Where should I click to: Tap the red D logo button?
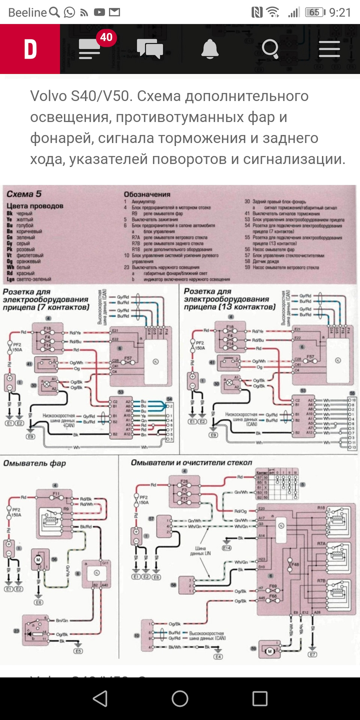click(x=30, y=49)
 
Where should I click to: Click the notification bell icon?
click(x=210, y=49)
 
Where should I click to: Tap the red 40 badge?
click(x=106, y=37)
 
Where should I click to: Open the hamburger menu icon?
click(x=329, y=49)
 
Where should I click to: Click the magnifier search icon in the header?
click(x=270, y=49)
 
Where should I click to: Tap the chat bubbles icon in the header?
click(x=150, y=49)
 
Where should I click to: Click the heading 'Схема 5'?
click(x=24, y=194)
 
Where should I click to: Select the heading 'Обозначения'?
click(x=147, y=194)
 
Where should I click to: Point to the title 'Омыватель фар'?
click(x=34, y=463)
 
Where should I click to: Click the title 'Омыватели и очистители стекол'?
click(x=191, y=463)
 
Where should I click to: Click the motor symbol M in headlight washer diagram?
click(x=38, y=560)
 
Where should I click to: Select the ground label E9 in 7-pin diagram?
click(x=31, y=436)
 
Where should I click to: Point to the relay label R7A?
click(x=321, y=543)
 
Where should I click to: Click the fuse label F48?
click(x=295, y=564)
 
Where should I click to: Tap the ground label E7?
click(x=312, y=654)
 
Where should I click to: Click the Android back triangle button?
click(x=100, y=698)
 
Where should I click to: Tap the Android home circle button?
click(x=180, y=698)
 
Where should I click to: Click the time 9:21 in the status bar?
click(x=340, y=12)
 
